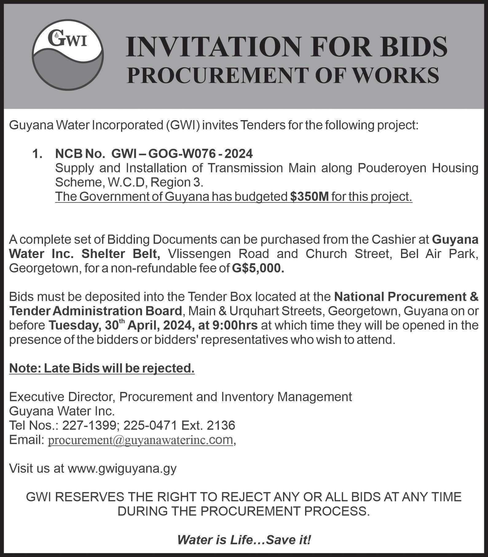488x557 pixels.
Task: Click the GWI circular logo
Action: [68, 56]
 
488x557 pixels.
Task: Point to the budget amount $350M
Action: [309, 197]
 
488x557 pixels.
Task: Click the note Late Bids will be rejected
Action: [102, 368]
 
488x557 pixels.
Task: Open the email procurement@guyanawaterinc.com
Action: [140, 440]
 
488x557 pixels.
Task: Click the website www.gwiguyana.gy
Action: [122, 468]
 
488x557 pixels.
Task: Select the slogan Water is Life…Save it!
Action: [244, 539]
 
